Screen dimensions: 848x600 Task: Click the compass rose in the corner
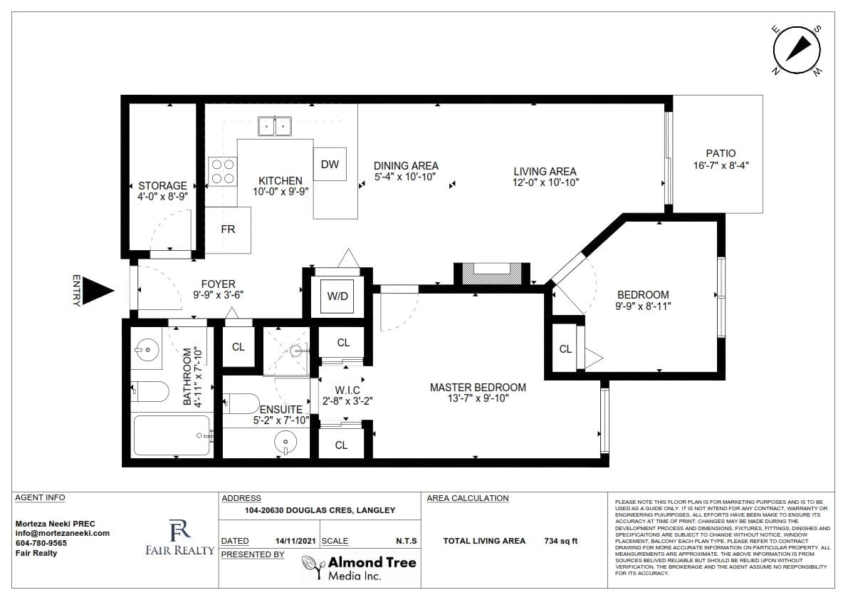[797, 51]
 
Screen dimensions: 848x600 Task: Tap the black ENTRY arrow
[98, 291]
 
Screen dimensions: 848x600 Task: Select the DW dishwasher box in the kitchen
[330, 165]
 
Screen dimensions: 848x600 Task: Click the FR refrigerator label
[229, 229]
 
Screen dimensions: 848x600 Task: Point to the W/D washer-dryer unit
[337, 296]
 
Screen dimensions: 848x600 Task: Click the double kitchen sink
[275, 126]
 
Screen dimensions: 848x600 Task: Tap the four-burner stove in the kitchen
[222, 171]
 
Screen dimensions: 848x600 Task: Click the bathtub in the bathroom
[172, 435]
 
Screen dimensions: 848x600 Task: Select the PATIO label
[721, 153]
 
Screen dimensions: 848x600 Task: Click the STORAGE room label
[162, 185]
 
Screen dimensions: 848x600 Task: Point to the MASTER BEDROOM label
[478, 388]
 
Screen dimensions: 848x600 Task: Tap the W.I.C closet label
[347, 390]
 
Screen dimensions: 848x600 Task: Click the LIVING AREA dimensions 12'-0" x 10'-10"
[545, 183]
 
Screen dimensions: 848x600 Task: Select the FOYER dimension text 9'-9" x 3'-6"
[219, 295]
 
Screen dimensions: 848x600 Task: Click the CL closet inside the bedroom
[566, 349]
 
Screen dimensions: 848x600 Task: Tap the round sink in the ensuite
[285, 442]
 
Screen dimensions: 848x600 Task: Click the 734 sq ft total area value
[561, 541]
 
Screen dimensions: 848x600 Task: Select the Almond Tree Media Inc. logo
[359, 568]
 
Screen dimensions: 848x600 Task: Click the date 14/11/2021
[295, 541]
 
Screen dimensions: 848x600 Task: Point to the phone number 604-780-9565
[41, 543]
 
